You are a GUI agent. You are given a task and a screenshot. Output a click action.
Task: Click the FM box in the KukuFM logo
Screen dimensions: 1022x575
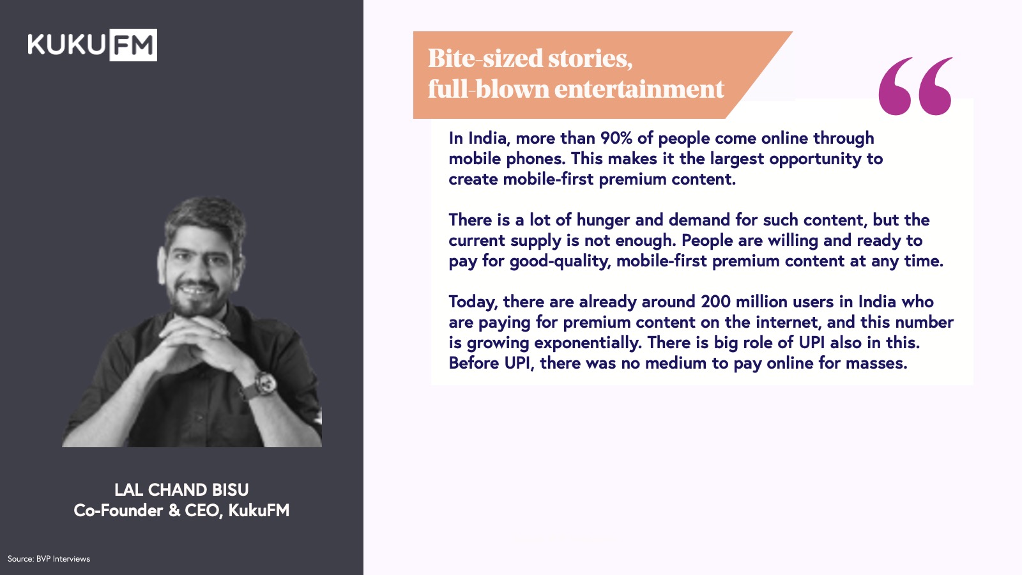click(133, 45)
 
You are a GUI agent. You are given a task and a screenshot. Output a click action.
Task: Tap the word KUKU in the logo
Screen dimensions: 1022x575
click(66, 45)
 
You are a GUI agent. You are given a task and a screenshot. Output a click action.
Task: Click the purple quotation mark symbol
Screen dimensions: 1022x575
click(915, 86)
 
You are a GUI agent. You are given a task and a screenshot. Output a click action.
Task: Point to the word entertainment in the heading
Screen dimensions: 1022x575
click(639, 89)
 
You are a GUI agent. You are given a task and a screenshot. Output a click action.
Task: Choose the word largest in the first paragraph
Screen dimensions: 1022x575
click(736, 160)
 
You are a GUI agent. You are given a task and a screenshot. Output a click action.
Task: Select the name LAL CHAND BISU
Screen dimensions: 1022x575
click(181, 490)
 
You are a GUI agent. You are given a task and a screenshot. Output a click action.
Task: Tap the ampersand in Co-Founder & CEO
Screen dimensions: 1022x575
click(174, 510)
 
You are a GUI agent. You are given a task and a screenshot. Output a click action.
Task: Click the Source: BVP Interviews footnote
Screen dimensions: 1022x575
click(49, 559)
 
